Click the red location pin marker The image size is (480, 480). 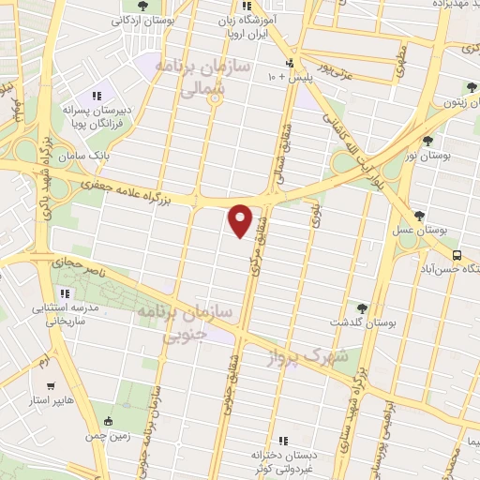coord(241,219)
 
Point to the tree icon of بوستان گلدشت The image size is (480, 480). coord(362,307)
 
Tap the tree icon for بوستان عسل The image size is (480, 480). coord(422,216)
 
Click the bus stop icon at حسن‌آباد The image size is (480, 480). coord(457,254)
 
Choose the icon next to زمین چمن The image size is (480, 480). coord(110,421)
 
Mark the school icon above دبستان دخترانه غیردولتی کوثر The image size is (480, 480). coord(282,441)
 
